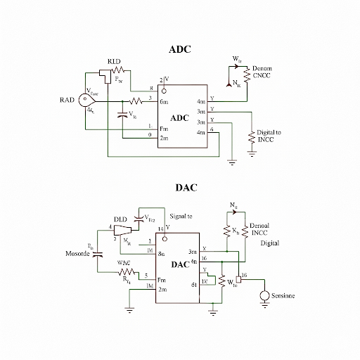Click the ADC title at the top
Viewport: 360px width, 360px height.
point(180,50)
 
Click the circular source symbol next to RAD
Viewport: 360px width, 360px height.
point(91,101)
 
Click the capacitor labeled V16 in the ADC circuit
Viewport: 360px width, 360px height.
point(124,113)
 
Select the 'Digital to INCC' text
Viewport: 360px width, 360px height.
point(269,136)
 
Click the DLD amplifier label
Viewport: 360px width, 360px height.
point(120,219)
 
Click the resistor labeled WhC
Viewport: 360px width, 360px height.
point(127,271)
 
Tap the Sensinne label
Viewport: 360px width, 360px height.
point(283,297)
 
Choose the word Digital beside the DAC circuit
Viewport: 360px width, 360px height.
point(271,243)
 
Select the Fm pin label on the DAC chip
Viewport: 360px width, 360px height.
point(162,279)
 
